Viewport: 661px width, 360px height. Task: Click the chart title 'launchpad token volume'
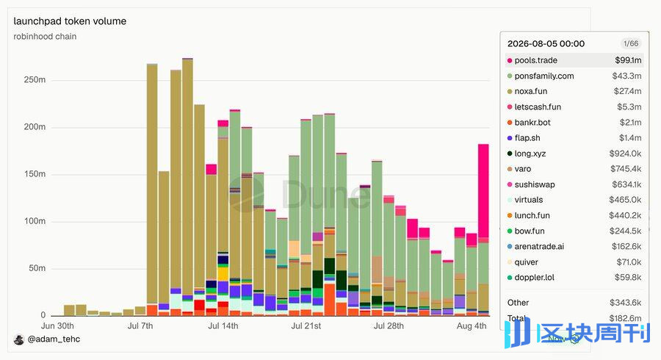click(x=70, y=21)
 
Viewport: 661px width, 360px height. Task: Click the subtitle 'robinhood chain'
click(x=45, y=36)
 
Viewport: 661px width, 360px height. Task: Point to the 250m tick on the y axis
click(x=35, y=79)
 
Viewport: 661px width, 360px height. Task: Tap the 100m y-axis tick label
click(x=35, y=221)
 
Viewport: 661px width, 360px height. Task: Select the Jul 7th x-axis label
click(x=140, y=326)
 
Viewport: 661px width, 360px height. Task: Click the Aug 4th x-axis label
click(x=472, y=326)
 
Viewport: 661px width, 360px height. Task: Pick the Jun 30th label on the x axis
click(x=57, y=326)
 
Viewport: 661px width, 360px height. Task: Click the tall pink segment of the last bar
click(x=483, y=191)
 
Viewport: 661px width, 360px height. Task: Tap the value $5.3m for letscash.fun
click(x=629, y=107)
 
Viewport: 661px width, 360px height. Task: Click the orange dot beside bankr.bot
click(x=510, y=123)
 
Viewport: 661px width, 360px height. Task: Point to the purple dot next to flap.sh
click(x=510, y=138)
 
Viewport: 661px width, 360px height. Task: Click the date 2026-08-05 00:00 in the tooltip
click(x=546, y=43)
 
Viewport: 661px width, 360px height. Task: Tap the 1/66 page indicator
click(x=631, y=43)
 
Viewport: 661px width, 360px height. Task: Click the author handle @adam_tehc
click(x=54, y=339)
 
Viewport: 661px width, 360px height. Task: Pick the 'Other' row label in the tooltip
click(x=518, y=302)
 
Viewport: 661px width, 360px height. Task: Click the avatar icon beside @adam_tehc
click(x=19, y=339)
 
